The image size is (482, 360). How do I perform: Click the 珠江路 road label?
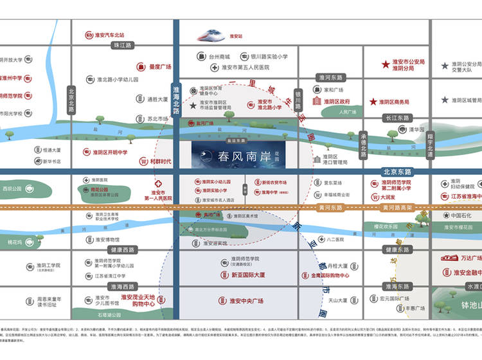122,46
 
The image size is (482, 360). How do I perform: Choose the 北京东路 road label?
396,172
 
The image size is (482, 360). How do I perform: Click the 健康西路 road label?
123,249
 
